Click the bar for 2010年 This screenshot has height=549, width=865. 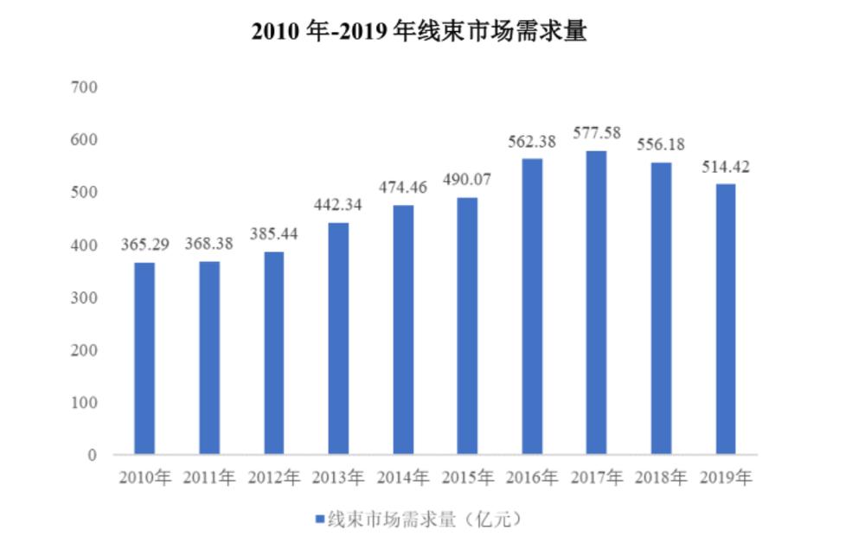(144, 358)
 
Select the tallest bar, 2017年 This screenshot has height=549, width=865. (596, 303)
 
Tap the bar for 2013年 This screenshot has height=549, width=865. (338, 338)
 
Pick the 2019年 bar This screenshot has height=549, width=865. (725, 319)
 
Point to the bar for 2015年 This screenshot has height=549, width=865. (467, 326)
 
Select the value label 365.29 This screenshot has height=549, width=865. (144, 246)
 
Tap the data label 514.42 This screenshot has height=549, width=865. (725, 168)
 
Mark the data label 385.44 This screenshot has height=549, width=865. (273, 233)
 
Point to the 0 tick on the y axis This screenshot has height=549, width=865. (92, 455)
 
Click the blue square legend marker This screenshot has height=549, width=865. (319, 520)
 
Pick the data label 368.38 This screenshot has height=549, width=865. (209, 245)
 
